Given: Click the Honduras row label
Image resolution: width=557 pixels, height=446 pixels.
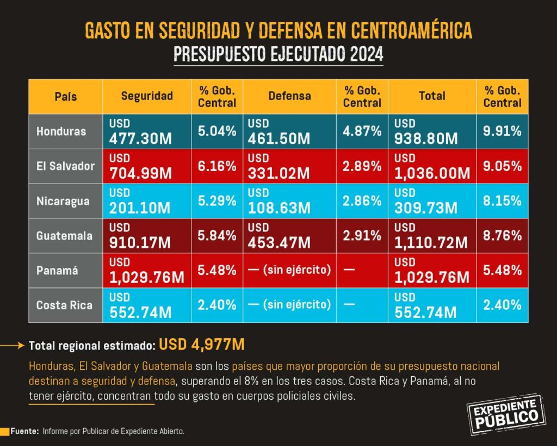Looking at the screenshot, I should pos(61,131).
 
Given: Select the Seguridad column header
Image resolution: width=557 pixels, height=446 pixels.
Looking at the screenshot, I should pos(147,96).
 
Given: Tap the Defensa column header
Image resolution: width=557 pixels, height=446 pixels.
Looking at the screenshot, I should pos(289,96).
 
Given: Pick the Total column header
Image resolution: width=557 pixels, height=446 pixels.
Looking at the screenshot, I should pos(432,96).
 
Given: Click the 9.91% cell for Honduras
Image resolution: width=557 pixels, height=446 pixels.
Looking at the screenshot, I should pos(503,131).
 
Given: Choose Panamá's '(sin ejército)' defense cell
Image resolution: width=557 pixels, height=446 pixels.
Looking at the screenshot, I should pos(289,270).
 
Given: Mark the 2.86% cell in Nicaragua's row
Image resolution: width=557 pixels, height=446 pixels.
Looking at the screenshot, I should pos(362,201).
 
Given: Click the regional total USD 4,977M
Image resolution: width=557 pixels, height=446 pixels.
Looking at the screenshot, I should pos(202,345).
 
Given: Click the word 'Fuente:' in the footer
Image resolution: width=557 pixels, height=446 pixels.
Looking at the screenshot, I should pos(24,431).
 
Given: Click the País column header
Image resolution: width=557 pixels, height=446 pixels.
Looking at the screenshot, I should pos(66,96).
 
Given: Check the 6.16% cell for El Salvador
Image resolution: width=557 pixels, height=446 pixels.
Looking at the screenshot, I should pos(217,166).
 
